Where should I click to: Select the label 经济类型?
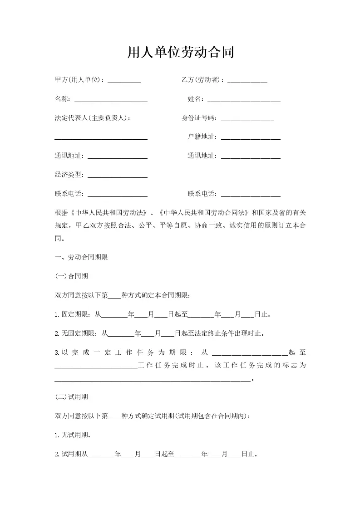click(x=69, y=175)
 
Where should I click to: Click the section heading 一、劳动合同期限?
click(x=81, y=257)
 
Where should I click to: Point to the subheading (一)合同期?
click(x=71, y=276)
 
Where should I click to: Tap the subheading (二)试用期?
click(x=71, y=397)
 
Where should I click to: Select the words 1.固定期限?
click(x=72, y=314)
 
